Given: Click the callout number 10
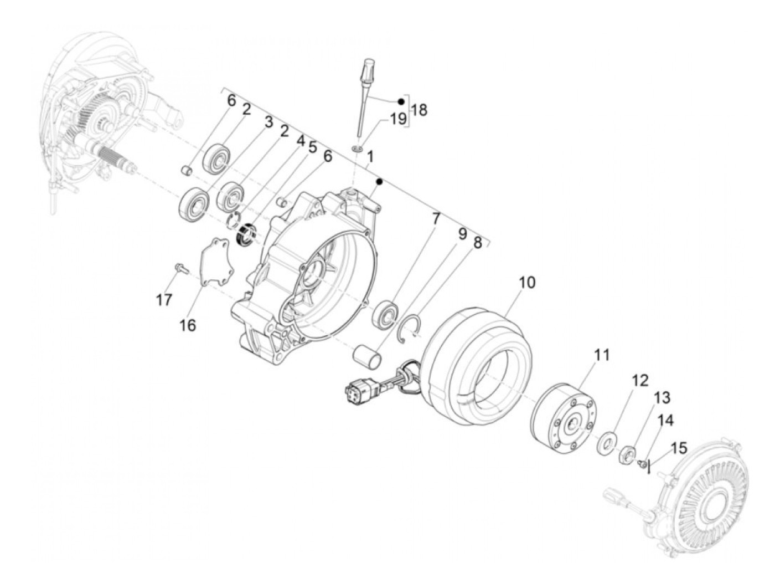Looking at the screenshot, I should [x=527, y=283].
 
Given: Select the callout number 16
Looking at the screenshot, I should [x=188, y=325].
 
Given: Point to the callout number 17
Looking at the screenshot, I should [x=164, y=300].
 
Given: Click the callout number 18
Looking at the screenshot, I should [x=420, y=110].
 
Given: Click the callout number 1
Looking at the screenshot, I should [x=370, y=157].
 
